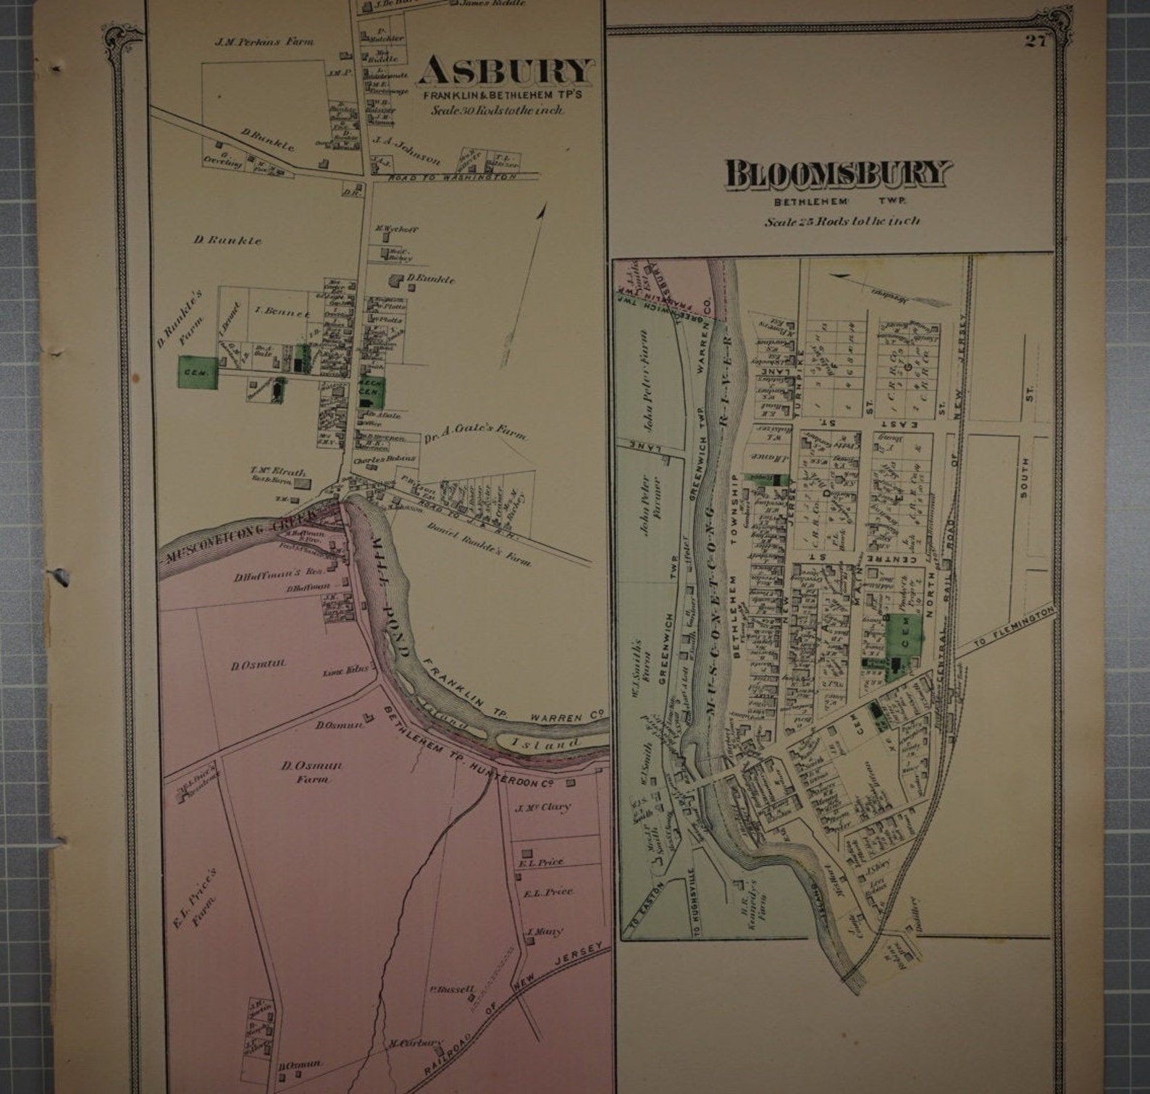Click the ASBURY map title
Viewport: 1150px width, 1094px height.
click(505, 72)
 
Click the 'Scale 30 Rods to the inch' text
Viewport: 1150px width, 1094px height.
click(498, 111)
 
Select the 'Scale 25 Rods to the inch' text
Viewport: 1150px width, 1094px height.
click(842, 222)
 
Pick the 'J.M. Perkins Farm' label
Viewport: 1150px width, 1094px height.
click(264, 42)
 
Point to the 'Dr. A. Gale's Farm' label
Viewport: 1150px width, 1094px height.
click(476, 432)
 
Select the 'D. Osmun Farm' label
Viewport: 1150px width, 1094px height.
click(312, 772)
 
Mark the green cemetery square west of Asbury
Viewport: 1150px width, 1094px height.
click(198, 372)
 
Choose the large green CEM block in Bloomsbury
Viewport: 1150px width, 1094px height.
click(904, 644)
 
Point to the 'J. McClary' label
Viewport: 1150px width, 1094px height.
click(545, 807)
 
